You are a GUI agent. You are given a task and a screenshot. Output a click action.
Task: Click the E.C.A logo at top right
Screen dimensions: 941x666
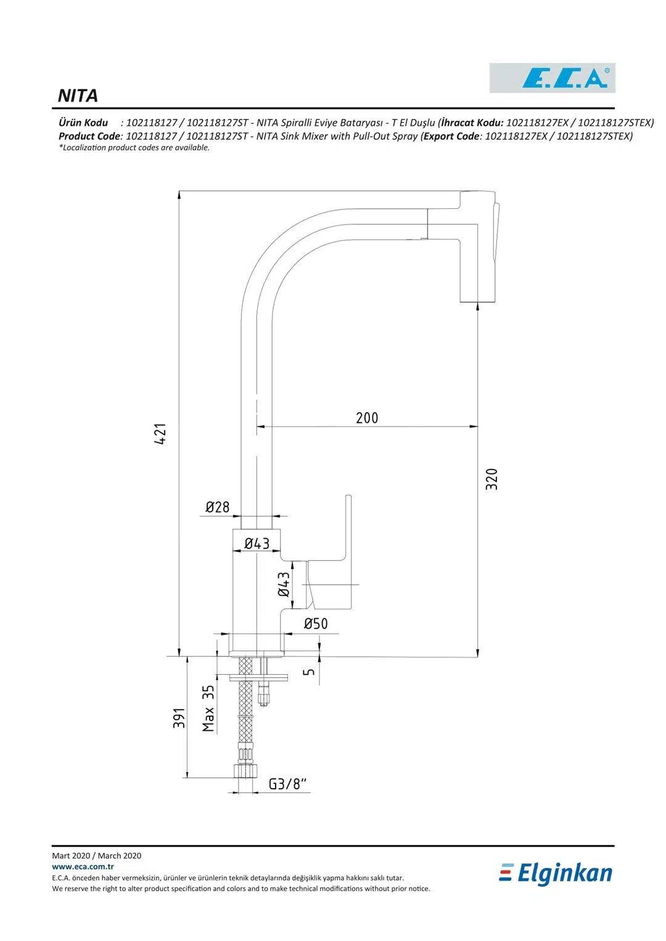pyautogui.click(x=553, y=78)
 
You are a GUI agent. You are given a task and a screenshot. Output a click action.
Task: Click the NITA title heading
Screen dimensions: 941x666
pyautogui.click(x=78, y=96)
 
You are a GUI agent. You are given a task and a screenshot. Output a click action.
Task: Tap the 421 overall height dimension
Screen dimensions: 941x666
pyautogui.click(x=160, y=435)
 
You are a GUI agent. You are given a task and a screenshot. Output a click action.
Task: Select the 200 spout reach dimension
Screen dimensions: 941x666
pyautogui.click(x=367, y=418)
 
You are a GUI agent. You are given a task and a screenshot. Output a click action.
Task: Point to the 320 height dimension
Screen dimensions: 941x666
pyautogui.click(x=491, y=479)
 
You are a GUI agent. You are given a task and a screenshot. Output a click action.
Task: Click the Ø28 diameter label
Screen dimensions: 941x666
pyautogui.click(x=217, y=507)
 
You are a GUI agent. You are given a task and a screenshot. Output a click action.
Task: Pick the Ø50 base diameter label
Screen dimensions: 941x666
pyautogui.click(x=316, y=624)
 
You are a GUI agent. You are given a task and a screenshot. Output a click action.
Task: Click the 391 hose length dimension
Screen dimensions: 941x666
pyautogui.click(x=179, y=718)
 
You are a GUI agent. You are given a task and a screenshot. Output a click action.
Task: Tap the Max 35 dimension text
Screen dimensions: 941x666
pyautogui.click(x=208, y=709)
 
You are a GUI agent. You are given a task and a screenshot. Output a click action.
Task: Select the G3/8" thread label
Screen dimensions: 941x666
pyautogui.click(x=288, y=784)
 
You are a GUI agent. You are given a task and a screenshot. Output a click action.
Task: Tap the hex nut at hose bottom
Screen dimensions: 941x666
pyautogui.click(x=245, y=772)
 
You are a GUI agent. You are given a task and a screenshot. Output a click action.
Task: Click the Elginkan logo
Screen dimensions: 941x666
pyautogui.click(x=556, y=873)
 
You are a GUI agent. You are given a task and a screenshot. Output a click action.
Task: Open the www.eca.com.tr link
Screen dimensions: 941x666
pyautogui.click(x=79, y=866)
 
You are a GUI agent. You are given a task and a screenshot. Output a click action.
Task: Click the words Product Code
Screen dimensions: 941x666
pyautogui.click(x=89, y=136)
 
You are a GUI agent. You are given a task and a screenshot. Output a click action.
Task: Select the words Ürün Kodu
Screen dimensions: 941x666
pyautogui.click(x=83, y=123)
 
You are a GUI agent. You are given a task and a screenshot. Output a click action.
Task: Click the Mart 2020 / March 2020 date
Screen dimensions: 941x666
pyautogui.click(x=97, y=855)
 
